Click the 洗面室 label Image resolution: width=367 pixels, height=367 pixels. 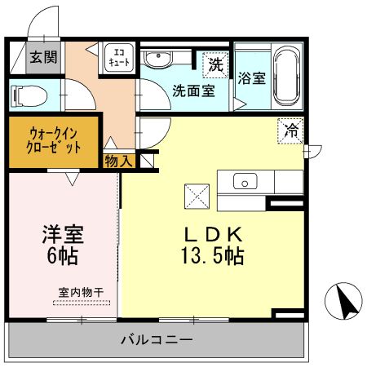pyautogui.click(x=193, y=91)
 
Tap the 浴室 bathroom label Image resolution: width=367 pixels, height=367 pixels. pyautogui.click(x=252, y=79)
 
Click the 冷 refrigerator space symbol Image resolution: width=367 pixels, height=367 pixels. pyautogui.click(x=290, y=128)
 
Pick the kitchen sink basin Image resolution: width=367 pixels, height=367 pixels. pyautogui.click(x=245, y=180)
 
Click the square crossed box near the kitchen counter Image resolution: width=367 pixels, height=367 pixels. pyautogui.click(x=197, y=195)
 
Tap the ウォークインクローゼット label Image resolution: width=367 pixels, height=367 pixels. pyautogui.click(x=55, y=141)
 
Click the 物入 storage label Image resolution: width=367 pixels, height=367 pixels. pyautogui.click(x=118, y=161)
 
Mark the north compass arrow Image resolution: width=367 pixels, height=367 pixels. pyautogui.click(x=343, y=303)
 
